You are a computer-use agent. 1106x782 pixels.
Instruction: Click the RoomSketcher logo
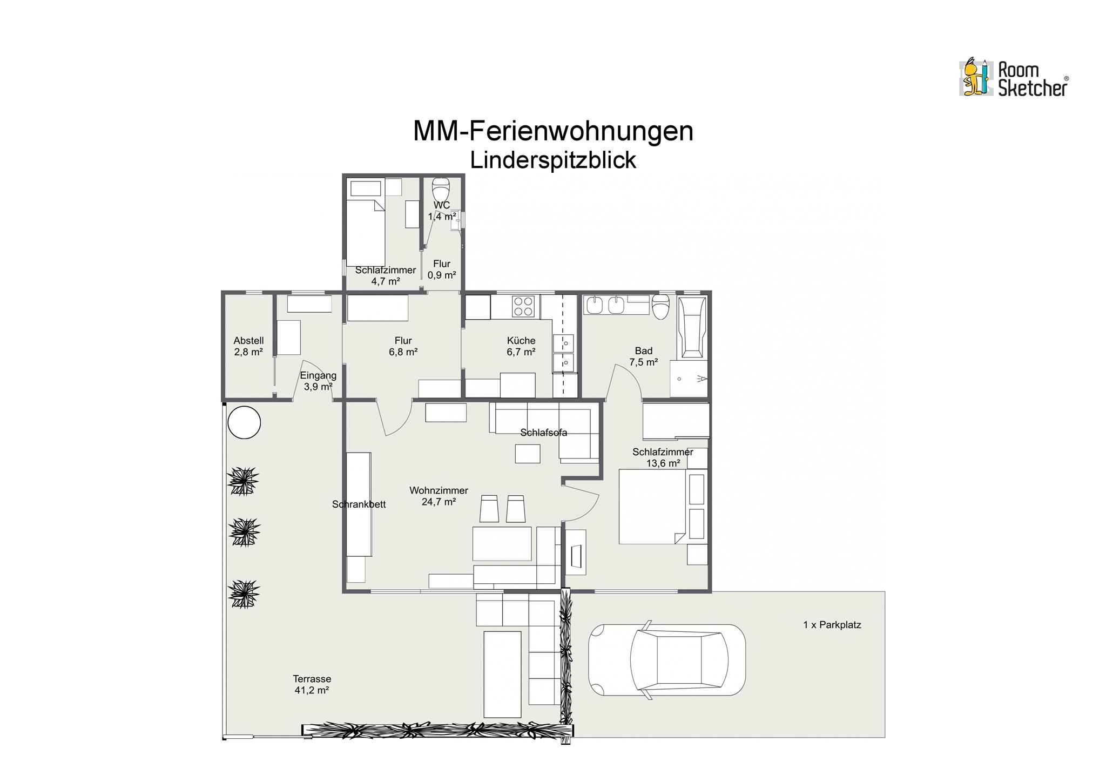[x=1013, y=78]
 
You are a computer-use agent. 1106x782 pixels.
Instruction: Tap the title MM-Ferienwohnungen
[x=553, y=131]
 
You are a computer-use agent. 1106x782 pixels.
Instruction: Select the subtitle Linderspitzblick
[x=553, y=160]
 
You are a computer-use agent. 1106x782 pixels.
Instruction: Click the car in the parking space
[x=667, y=660]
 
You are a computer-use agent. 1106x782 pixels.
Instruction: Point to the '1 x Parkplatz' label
[x=832, y=625]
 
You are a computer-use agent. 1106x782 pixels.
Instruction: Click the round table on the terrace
[x=244, y=422]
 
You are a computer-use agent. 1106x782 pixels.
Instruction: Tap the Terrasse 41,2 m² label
[x=312, y=684]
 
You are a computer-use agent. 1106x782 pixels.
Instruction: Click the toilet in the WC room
[x=441, y=190]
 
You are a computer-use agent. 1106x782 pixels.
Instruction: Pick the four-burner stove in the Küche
[x=523, y=306]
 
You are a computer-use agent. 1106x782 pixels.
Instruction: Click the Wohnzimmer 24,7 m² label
[x=439, y=496]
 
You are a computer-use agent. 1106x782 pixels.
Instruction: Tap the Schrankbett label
[x=359, y=504]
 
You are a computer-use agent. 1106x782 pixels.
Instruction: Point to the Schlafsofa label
[x=543, y=433]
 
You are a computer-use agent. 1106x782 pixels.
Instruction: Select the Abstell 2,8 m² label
[x=248, y=346]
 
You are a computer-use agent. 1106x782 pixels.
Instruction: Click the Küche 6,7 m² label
[x=521, y=346]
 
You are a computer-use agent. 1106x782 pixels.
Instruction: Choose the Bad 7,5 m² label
[x=643, y=356]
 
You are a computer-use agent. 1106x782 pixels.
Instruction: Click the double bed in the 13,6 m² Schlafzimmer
[x=652, y=506]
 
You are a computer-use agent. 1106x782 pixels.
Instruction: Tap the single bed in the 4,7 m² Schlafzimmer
[x=366, y=232]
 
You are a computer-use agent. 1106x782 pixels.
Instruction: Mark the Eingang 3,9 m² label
[x=318, y=381]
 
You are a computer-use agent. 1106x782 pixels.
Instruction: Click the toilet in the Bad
[x=660, y=307]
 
